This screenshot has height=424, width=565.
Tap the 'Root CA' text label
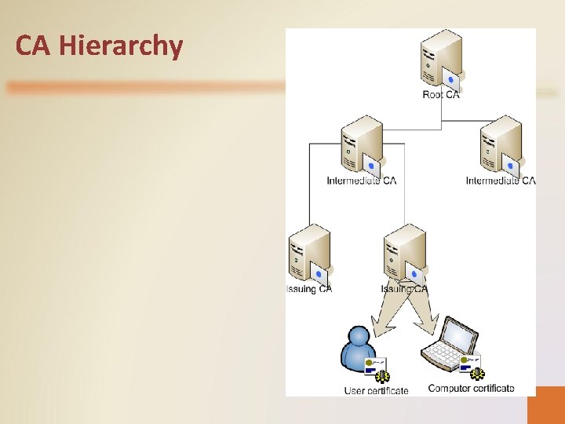[441, 95]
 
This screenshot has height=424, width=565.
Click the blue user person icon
[357, 349]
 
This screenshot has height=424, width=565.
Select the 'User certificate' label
[377, 390]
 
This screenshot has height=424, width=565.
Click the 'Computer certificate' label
[472, 388]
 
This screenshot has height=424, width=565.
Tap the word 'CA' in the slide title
[34, 46]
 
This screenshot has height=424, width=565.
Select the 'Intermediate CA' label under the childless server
[501, 181]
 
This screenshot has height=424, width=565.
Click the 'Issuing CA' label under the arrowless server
[309, 289]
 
